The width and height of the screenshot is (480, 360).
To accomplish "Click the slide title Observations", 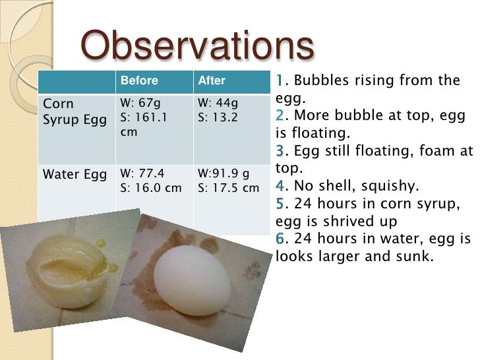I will coord(196,45).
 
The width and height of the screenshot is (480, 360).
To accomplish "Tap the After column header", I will coord(212,81).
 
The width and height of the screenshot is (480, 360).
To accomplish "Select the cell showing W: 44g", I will coord(218,104).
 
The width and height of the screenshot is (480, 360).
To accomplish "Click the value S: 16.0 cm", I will coord(150,188).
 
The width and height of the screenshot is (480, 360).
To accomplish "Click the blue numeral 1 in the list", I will coord(280,81).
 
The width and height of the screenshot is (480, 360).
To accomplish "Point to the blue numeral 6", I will coord(280,239).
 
